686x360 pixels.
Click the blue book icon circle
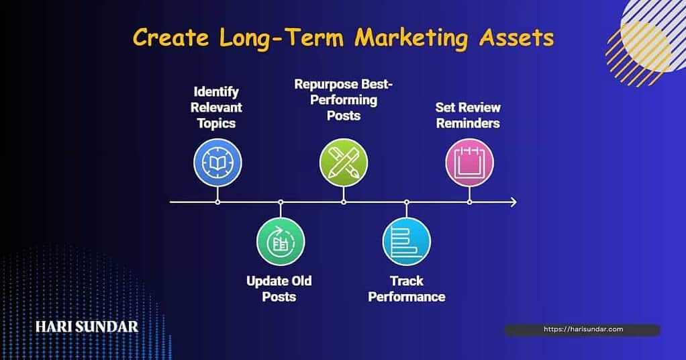pyautogui.click(x=217, y=163)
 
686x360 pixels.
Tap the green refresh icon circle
pyautogui.click(x=281, y=241)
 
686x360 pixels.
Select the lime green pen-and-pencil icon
pyautogui.click(x=344, y=163)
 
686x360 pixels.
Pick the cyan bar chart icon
pyautogui.click(x=407, y=241)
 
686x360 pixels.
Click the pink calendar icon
pyautogui.click(x=469, y=163)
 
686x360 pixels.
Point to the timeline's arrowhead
pyautogui.click(x=513, y=202)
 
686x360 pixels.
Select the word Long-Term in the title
pyautogui.click(x=282, y=38)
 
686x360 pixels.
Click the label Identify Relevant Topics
pyautogui.click(x=216, y=107)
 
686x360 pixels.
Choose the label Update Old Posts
pyautogui.click(x=279, y=289)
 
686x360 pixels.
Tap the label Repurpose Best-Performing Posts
pyautogui.click(x=344, y=99)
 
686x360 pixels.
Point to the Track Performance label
pyautogui.click(x=407, y=289)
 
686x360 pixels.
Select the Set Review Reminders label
pyautogui.click(x=468, y=115)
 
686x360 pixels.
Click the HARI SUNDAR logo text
pyautogui.click(x=87, y=326)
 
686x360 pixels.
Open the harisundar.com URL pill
pyautogui.click(x=583, y=330)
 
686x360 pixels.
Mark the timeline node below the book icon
pyautogui.click(x=217, y=202)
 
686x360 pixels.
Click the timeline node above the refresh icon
pyautogui.click(x=281, y=202)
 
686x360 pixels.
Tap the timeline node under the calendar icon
pyautogui.click(x=469, y=202)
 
